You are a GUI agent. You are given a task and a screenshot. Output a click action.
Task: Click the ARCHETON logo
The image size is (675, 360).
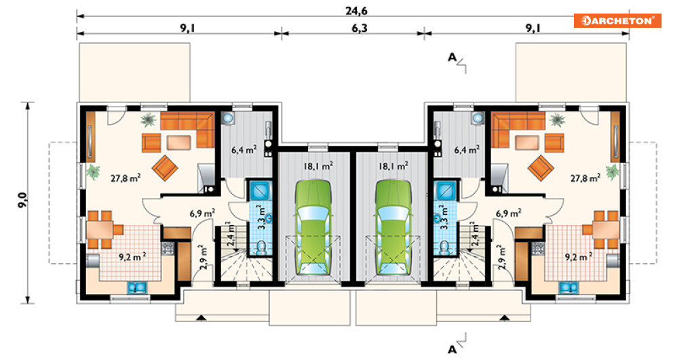[617, 20]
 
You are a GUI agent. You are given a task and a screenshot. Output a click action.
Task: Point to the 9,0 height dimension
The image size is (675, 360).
[22, 201]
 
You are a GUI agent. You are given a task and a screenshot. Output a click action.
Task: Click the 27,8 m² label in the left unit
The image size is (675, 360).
[126, 178]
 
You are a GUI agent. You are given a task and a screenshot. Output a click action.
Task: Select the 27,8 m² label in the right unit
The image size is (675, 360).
[585, 178]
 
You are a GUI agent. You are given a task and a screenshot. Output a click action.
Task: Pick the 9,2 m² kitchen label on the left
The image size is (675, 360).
[132, 257]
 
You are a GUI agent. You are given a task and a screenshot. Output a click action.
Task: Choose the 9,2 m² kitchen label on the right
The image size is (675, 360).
[579, 257]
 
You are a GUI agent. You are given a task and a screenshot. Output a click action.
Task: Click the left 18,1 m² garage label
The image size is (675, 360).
[319, 165]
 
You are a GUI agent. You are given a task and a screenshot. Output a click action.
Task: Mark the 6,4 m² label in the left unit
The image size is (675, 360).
[244, 150]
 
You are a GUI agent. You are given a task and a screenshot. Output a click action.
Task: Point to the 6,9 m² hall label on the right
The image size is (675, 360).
[509, 213]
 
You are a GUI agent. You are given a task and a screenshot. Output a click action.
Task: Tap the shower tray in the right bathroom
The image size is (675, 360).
[446, 191]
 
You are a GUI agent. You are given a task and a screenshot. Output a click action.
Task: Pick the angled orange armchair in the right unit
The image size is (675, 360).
[541, 167]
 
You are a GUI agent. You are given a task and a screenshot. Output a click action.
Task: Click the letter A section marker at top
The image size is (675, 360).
[452, 57]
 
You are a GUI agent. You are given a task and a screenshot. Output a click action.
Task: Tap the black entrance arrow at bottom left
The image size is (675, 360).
[200, 318]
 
